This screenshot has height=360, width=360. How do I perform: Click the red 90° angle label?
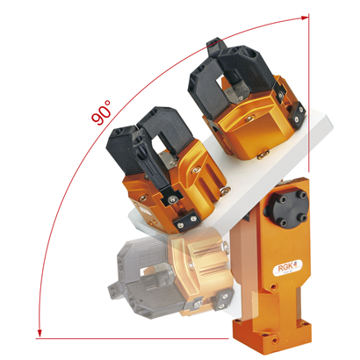click(101, 112)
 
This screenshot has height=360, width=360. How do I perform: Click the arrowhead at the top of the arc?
click(305, 18)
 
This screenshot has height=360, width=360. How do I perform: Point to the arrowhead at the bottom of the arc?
click(40, 334)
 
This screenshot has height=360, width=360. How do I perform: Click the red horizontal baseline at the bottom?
click(132, 338)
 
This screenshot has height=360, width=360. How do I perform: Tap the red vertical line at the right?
click(308, 94)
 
